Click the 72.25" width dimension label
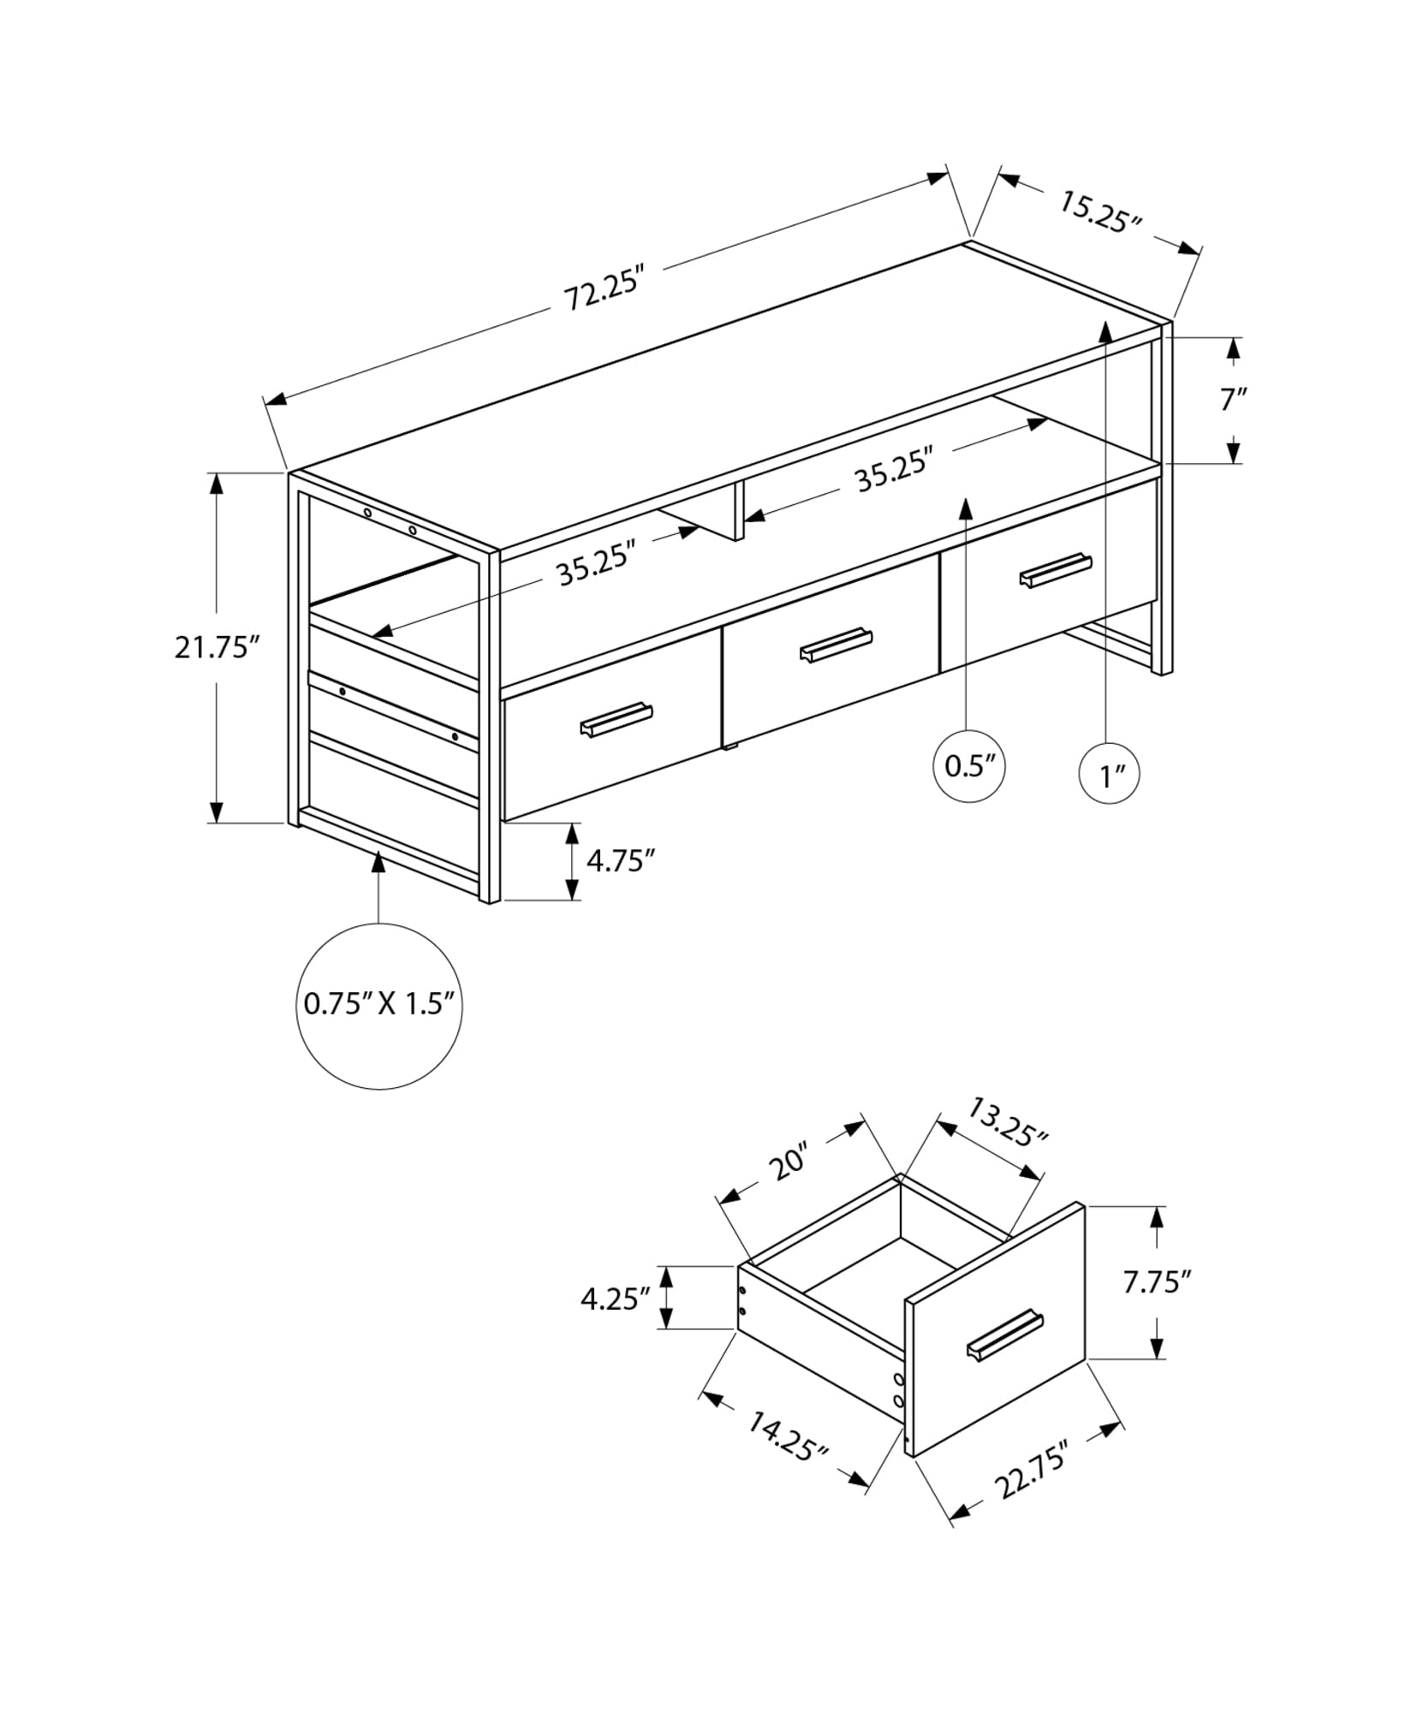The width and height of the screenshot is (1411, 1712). coord(602,293)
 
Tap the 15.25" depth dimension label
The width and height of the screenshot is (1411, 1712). coord(1101,212)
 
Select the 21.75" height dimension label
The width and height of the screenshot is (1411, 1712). coord(216,647)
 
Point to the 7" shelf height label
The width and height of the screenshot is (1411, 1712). coord(1233,400)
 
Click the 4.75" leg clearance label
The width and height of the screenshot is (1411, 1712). coord(621,860)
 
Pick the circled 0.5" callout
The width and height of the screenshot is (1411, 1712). coord(968,766)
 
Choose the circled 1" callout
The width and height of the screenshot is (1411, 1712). coord(1110,774)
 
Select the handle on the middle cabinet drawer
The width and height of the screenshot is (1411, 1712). coord(836,645)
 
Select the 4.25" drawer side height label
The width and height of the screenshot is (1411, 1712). coord(614,1299)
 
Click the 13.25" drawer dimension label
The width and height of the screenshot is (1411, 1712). coord(1007,1123)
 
